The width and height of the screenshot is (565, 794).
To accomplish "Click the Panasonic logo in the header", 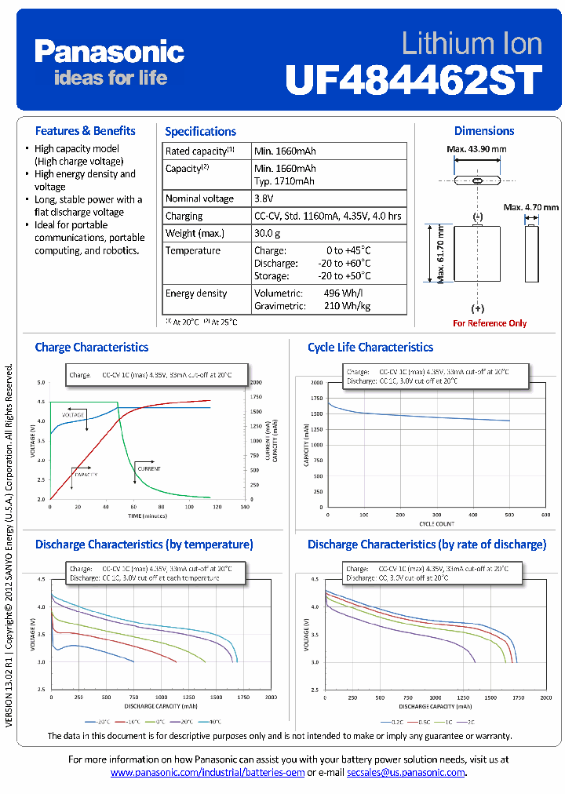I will coord(109,53).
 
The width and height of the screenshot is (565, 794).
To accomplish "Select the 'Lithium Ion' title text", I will coord(472,42).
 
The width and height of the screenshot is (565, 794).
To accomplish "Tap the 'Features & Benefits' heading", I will coord(85,131).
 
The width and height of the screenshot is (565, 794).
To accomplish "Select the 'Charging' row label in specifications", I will coord(184,216).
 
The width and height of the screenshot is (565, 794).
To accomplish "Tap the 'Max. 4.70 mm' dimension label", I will coord(532,207).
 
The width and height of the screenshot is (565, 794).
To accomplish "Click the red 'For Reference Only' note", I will coord(490,323).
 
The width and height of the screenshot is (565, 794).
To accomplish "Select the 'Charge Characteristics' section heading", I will coord(92,347).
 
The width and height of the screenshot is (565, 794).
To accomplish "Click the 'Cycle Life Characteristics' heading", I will coord(370,347).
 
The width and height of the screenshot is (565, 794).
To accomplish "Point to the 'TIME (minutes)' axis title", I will coord(147,517).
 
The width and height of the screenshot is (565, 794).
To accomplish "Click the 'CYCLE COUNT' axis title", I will coord(436,523).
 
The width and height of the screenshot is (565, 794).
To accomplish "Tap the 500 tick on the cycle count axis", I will coord(508,515).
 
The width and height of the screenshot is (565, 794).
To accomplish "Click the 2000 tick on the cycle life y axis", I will coord(316,383).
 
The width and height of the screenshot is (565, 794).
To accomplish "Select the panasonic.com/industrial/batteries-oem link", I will coord(207,773).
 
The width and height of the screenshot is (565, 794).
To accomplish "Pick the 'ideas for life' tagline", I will coord(110,78).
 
